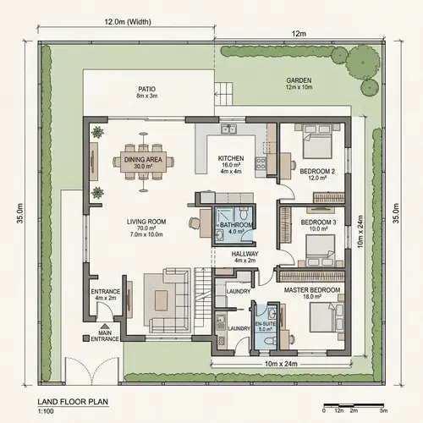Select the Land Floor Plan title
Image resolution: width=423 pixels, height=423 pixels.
(x=73, y=403)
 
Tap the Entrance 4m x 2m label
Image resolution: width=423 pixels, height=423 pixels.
(x=105, y=295)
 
